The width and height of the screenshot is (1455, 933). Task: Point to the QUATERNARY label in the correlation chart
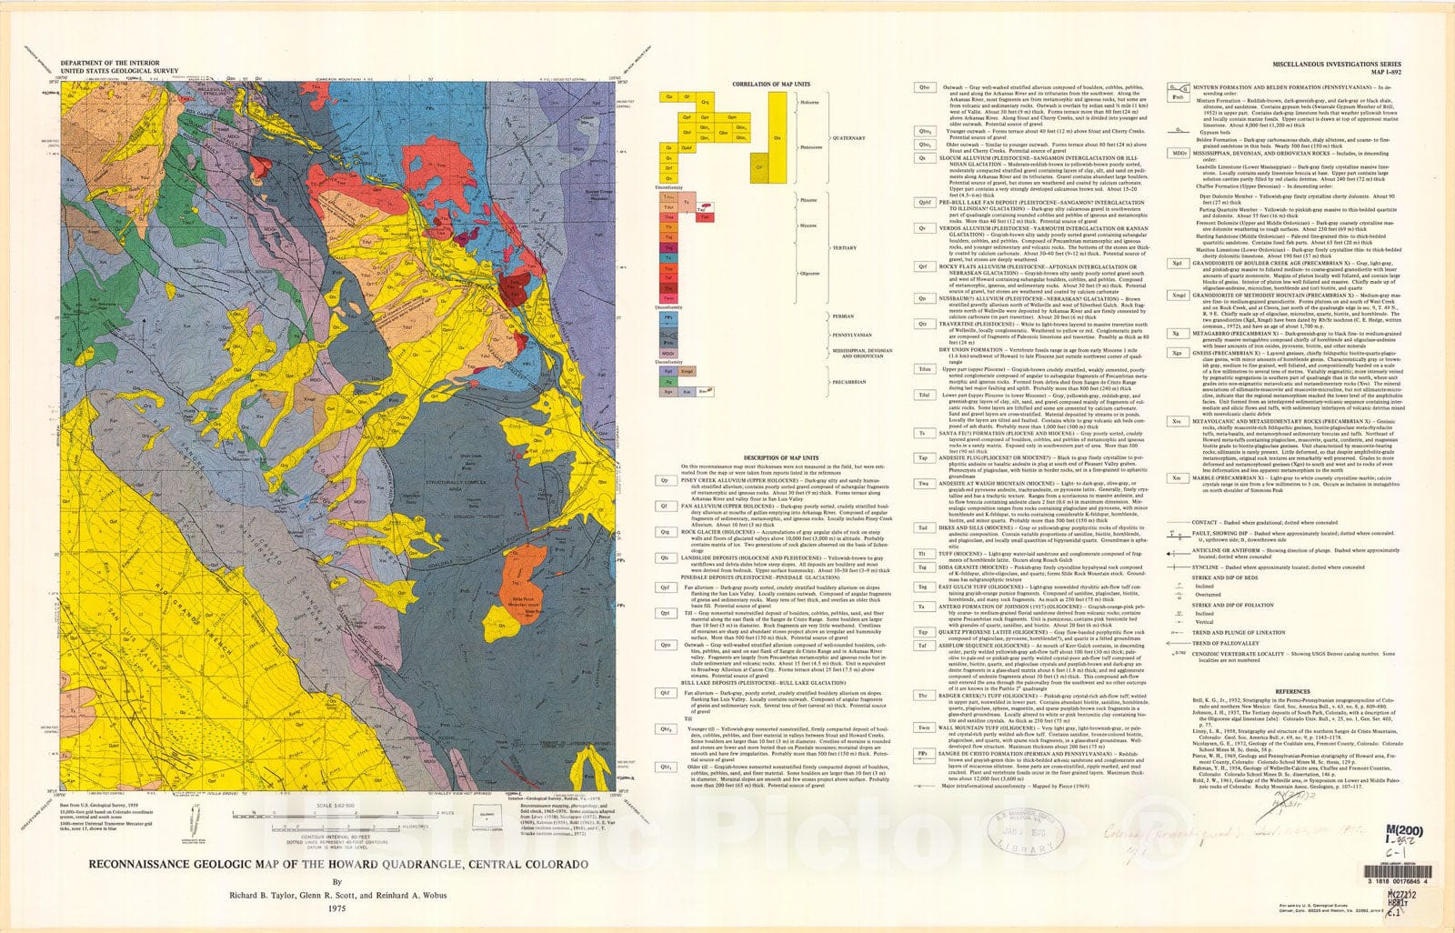[850, 138]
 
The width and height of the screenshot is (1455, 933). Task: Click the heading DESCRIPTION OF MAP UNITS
[780, 457]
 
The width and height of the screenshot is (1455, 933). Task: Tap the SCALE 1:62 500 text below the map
[336, 808]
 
